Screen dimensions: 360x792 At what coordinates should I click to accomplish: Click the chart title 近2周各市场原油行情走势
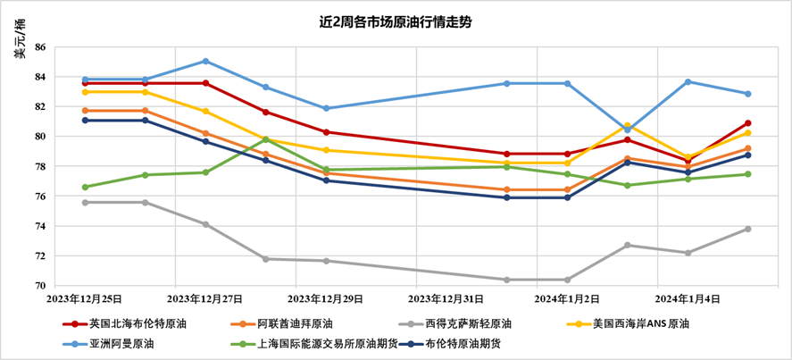[x=396, y=21]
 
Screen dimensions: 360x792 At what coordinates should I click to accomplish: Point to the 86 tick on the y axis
[x=39, y=46]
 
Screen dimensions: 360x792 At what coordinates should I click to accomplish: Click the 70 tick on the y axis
[x=39, y=286]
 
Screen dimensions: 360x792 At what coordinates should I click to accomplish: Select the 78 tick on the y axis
[x=39, y=166]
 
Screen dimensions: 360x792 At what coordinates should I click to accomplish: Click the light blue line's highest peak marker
[x=205, y=61]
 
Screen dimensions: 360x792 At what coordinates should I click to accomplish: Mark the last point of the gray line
[x=747, y=229]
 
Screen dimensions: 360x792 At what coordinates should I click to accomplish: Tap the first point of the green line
[x=85, y=187]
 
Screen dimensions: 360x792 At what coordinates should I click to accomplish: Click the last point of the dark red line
[x=747, y=123]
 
